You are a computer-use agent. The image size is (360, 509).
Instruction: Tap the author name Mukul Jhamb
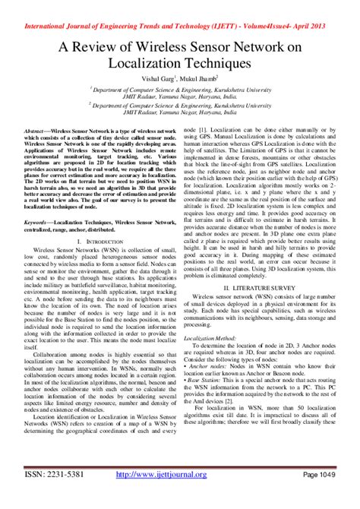click(x=201, y=77)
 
